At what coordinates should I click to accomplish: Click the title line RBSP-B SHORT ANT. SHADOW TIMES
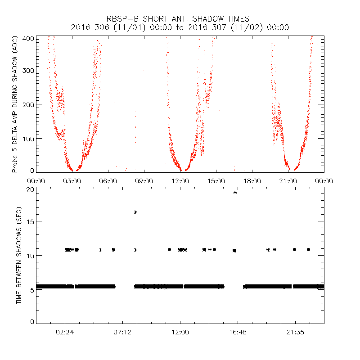tap(180, 19)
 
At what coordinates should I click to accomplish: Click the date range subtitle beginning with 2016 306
tap(180, 27)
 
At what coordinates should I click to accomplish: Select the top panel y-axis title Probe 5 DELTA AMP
tap(15, 104)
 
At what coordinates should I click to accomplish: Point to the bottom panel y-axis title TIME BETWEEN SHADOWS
tap(19, 255)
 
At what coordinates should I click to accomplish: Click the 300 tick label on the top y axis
tap(27, 70)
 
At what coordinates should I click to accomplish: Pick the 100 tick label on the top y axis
tap(27, 138)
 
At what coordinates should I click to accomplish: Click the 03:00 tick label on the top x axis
tap(72, 181)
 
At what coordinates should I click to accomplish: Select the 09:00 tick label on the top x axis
tap(144, 181)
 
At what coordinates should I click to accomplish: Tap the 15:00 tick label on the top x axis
tap(216, 181)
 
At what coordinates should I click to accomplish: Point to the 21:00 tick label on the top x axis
tap(288, 181)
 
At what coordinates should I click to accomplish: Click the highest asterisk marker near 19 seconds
tap(235, 193)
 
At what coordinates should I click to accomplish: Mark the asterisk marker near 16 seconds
tap(135, 212)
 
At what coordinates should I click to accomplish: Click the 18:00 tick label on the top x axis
tap(252, 181)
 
